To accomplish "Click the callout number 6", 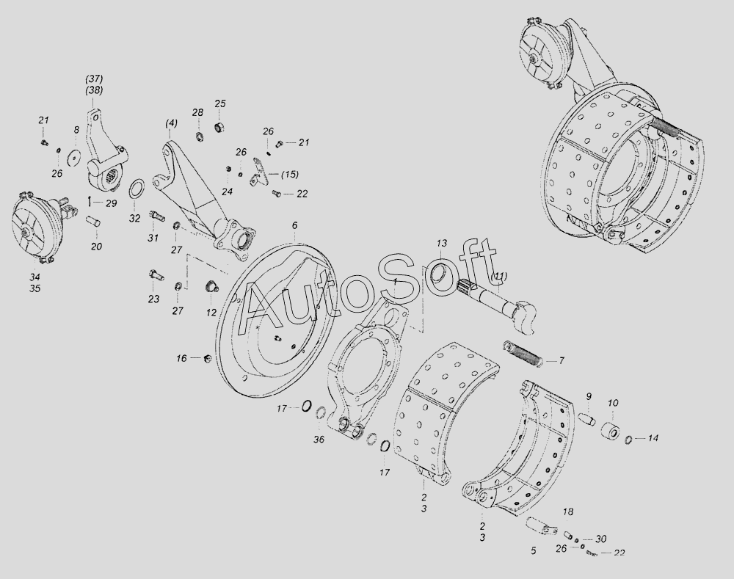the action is click(x=294, y=225).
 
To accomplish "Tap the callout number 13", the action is click(x=442, y=244).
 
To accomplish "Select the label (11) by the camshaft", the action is click(x=499, y=277).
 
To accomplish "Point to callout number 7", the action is click(x=561, y=361).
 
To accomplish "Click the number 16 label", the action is click(x=181, y=359).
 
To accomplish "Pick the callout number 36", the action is click(x=319, y=440).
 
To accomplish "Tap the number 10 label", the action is click(x=613, y=403).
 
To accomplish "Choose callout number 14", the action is click(x=653, y=439).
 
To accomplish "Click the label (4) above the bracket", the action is click(x=171, y=123).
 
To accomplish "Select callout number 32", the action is click(x=135, y=219).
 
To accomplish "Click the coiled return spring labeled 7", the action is click(x=523, y=353).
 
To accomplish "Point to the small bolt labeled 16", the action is click(x=208, y=359).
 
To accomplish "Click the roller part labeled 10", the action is click(x=611, y=429).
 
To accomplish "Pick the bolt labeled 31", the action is click(x=157, y=216).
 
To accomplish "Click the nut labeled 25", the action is click(x=219, y=127).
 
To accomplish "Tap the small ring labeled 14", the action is click(x=629, y=439).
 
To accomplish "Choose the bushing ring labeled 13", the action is click(x=440, y=273).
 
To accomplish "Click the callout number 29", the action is click(x=112, y=203).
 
